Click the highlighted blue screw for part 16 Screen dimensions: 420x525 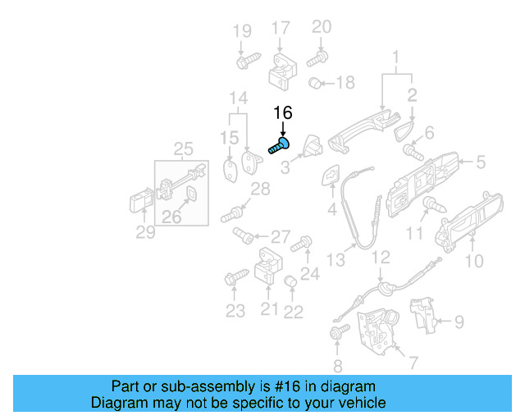(279, 147)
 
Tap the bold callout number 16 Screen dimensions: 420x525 (282, 113)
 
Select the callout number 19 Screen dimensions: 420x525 (241, 31)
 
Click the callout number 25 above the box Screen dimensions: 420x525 (183, 148)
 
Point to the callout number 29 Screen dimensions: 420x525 (145, 233)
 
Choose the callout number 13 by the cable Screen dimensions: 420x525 (336, 260)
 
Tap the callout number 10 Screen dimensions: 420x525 (474, 262)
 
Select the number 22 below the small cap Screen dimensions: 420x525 (293, 312)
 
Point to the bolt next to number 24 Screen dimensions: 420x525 (302, 243)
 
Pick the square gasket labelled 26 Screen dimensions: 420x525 (189, 194)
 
